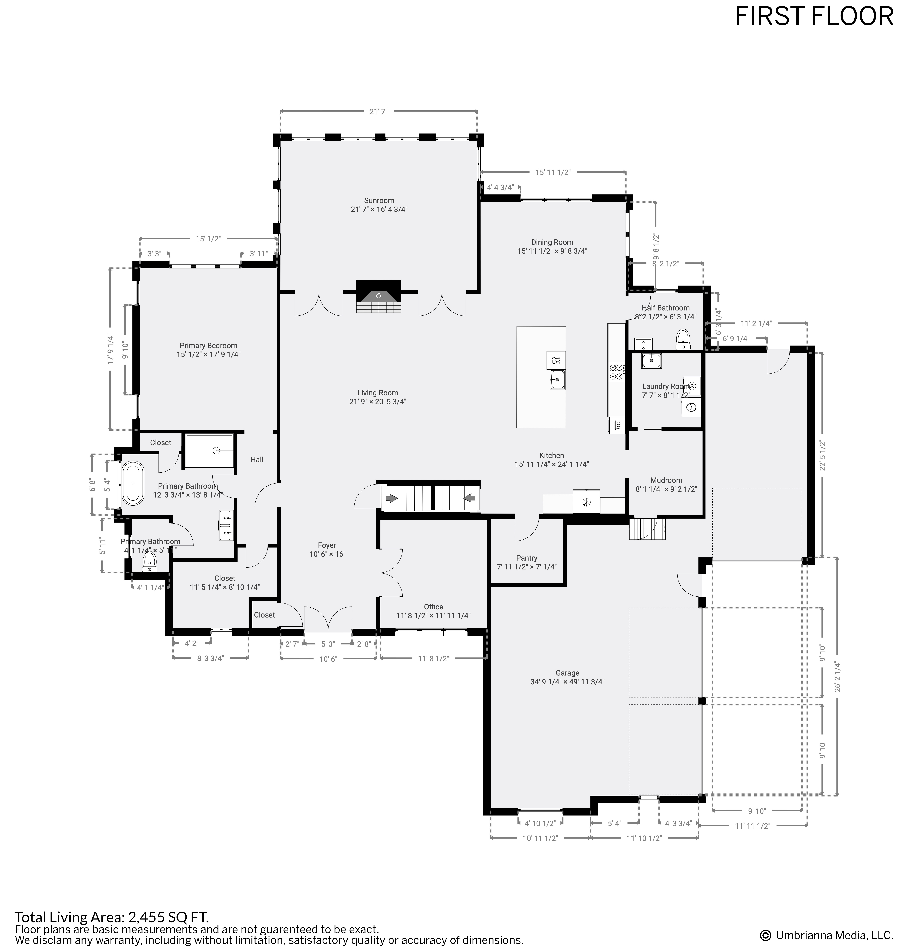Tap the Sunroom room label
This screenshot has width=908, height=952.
point(379,200)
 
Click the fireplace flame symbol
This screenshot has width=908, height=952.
point(378,295)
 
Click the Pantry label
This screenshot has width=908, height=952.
point(527,558)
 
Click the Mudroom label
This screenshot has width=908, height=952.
point(666,480)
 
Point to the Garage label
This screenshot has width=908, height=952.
point(567,673)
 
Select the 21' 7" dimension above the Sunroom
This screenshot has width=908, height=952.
point(378,112)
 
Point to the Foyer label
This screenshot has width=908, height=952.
point(327,545)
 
